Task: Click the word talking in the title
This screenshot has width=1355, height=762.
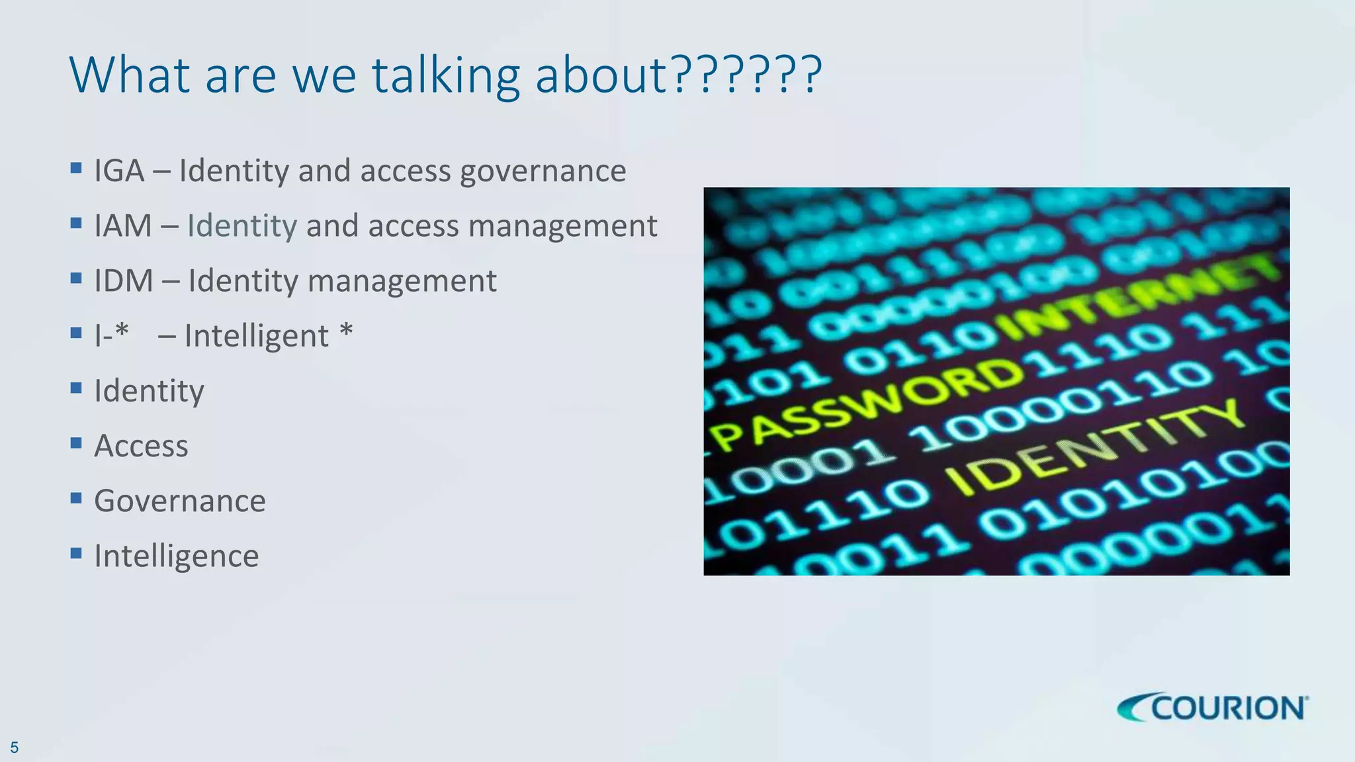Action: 446,75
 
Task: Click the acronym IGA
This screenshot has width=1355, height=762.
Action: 119,171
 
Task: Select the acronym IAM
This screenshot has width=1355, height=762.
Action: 123,226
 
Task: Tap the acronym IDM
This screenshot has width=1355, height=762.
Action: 124,280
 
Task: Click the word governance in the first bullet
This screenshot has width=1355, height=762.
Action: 543,172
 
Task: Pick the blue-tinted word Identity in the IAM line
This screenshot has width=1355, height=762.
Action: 242,226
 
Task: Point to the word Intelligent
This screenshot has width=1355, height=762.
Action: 256,336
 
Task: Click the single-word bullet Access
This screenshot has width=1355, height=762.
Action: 141,446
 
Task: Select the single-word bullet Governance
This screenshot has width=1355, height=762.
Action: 179,501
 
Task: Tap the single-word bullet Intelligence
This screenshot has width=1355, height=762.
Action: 176,556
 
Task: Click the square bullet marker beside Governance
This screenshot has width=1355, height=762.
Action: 76,497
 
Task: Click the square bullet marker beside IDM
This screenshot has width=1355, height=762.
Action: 76,277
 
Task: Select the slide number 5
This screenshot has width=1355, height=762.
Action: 14,748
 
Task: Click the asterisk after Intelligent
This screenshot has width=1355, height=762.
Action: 346,331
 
